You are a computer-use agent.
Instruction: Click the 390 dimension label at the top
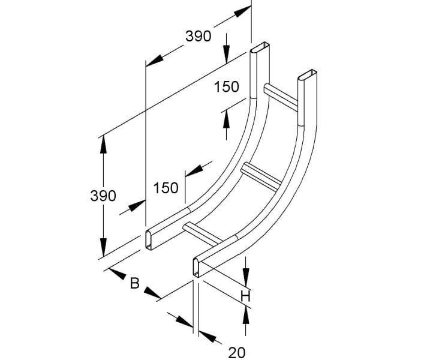coord(199,37)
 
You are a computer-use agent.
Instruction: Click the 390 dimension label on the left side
coord(103,196)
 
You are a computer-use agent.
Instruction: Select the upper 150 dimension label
coord(226,86)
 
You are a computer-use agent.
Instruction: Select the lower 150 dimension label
coord(166,188)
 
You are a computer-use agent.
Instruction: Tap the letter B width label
coord(134,283)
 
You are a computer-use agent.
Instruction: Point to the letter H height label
coord(245,296)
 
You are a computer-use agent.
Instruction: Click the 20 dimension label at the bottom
coord(237,353)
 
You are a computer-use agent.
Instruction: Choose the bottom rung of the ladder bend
coord(202,234)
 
